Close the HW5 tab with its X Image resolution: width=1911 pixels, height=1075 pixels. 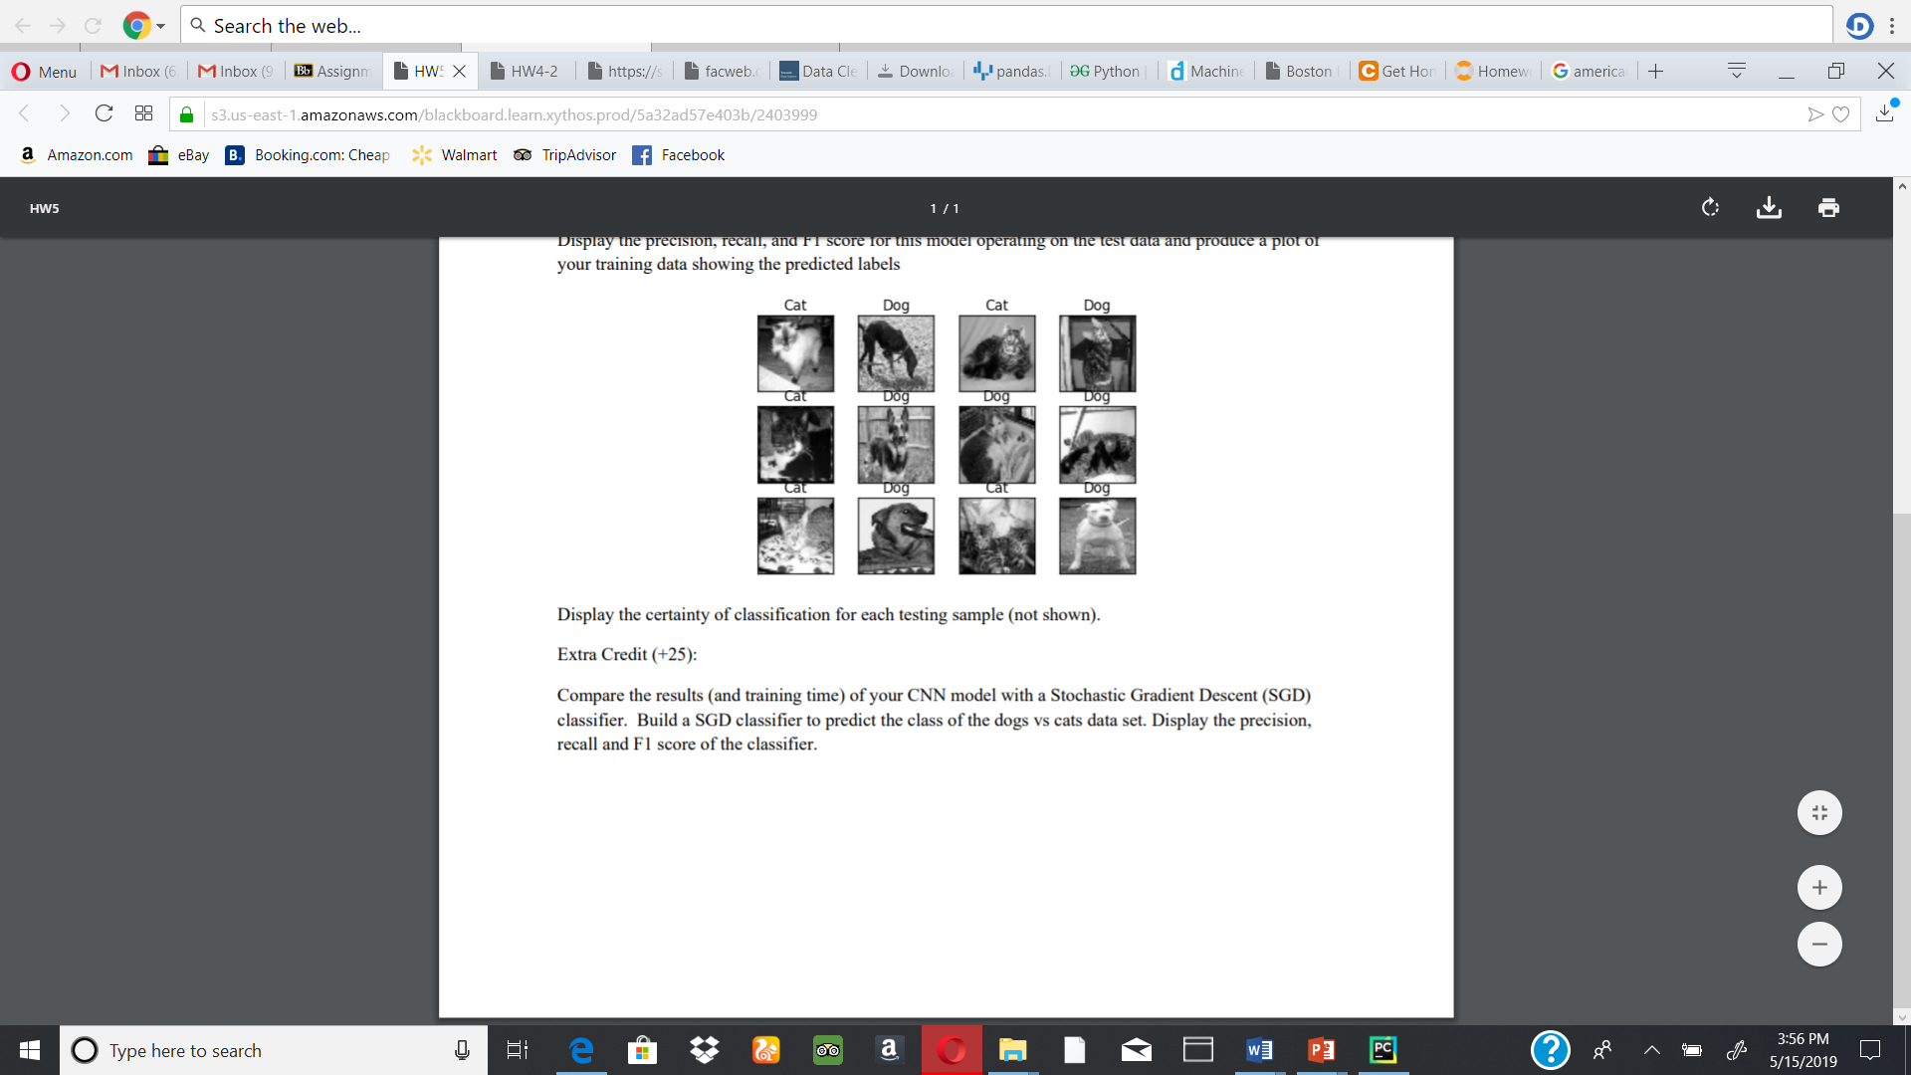coord(460,71)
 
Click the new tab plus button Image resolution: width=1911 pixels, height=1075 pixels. coord(1655,71)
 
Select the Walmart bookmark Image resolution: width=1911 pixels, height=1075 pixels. coord(455,155)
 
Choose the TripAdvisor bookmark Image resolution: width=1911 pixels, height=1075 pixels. coord(565,155)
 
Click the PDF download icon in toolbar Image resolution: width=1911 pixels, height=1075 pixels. coord(1769,207)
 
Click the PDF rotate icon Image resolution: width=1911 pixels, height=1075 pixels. coord(1710,207)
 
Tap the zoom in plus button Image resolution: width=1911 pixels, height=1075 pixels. coord(1819,887)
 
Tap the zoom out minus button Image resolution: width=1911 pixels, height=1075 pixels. coord(1819,944)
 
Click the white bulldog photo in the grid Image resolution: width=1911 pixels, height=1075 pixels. coord(1097,537)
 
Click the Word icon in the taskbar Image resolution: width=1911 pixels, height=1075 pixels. coord(1259,1049)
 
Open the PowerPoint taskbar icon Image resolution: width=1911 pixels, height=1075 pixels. coord(1321,1049)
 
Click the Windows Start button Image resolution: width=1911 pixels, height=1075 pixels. coord(30,1049)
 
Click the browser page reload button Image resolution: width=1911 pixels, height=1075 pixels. coord(104,113)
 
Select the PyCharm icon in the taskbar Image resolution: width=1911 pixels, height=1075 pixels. coord(1382,1049)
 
